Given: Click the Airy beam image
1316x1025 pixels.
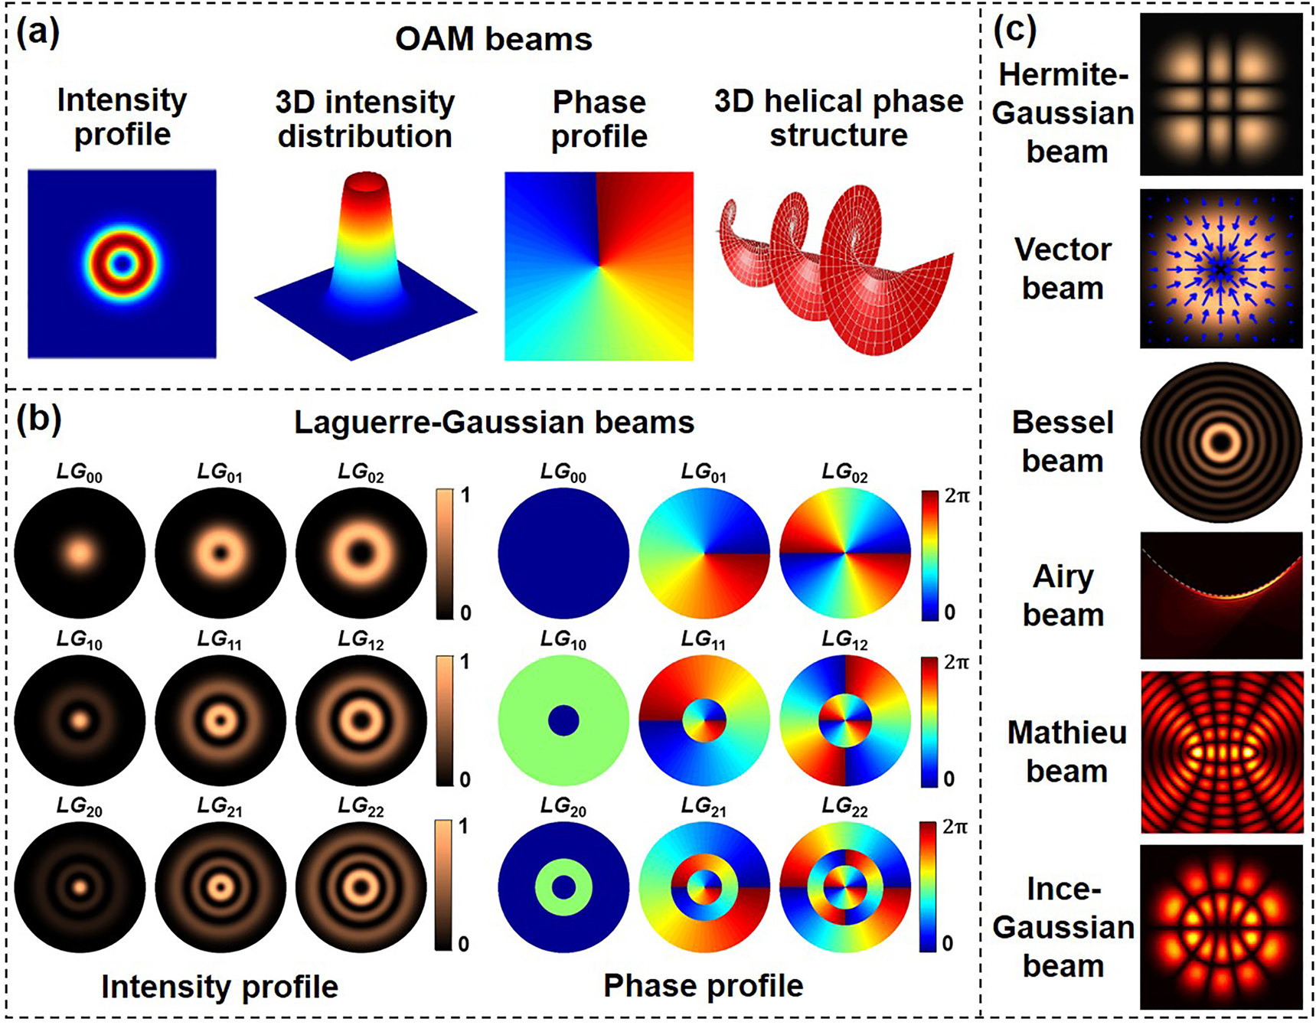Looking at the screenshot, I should pos(1221,596).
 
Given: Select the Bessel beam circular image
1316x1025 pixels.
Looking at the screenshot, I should pos(1221,442).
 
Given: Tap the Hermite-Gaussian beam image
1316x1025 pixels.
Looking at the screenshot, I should pos(1221,95).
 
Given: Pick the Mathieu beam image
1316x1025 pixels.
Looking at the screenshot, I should pos(1221,752).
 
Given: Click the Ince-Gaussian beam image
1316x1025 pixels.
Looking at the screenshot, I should pos(1221,927).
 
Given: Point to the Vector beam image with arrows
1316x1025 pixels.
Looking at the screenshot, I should pos(1221,268).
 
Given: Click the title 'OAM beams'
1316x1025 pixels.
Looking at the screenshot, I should pos(493,40).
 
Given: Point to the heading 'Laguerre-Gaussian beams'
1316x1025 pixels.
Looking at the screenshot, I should pos(494,423).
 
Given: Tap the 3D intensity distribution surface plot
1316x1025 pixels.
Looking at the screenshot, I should pos(366,264).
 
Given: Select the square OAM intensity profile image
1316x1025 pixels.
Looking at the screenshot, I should pos(122,264).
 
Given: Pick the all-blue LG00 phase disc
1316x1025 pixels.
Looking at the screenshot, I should pos(563,553).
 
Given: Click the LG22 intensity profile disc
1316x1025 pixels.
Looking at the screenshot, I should pos(361,887).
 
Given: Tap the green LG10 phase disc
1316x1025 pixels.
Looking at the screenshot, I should pos(563,720).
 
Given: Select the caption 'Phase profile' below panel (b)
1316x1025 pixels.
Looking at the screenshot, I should pos(703,986).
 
